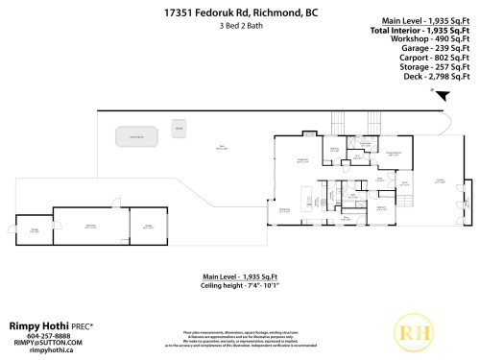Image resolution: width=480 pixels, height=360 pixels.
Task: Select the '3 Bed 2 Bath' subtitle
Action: (239, 26)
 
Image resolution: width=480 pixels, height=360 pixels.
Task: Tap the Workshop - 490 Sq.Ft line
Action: (437, 47)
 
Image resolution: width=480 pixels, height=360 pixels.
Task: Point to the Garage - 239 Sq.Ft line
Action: (439, 57)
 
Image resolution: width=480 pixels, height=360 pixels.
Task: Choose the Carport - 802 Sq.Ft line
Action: (438, 65)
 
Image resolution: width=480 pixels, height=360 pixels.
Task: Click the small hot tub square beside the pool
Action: (179, 127)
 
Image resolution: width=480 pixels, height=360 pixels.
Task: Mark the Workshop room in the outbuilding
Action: (90, 227)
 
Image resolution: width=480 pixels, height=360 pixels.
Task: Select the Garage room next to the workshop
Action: (149, 227)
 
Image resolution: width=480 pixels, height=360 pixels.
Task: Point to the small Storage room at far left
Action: (35, 230)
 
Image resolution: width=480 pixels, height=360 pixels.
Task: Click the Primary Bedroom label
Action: (393, 154)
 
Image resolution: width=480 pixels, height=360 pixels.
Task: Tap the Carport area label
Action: (441, 180)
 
